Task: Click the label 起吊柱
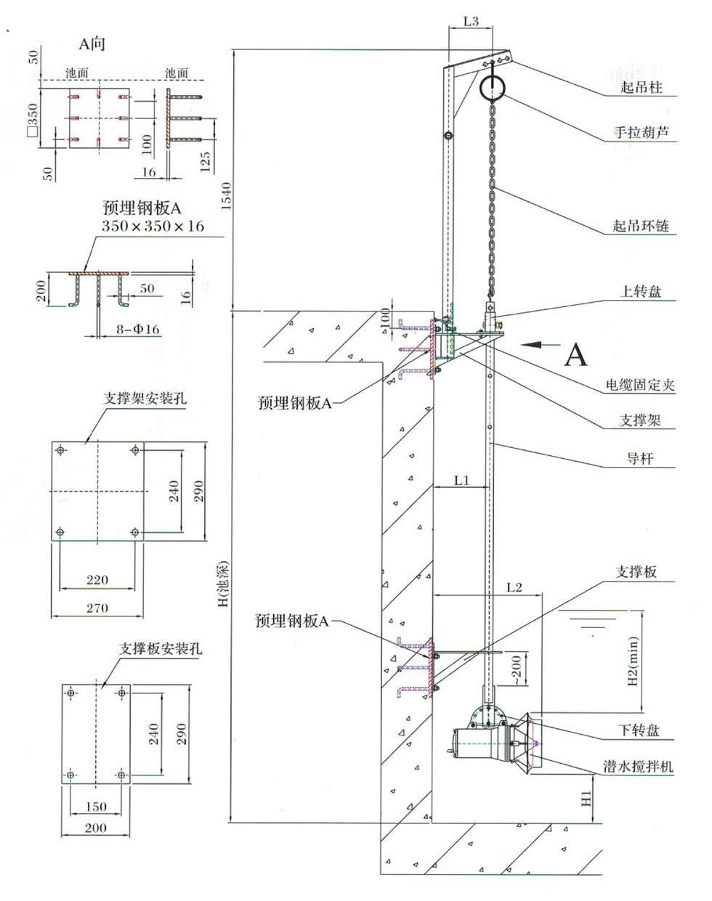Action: [x=642, y=87]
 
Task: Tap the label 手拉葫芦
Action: [x=641, y=133]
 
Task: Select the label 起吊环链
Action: [x=641, y=226]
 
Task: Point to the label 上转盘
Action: [x=641, y=291]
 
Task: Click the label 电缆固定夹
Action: [x=640, y=385]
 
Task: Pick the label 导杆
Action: [x=640, y=458]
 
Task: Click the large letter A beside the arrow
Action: [x=576, y=354]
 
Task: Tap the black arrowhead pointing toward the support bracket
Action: [x=530, y=345]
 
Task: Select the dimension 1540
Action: [x=226, y=196]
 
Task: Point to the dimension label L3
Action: [x=471, y=21]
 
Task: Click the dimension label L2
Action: [x=514, y=587]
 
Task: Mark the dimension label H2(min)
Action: [x=633, y=661]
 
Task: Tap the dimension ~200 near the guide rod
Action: [x=517, y=669]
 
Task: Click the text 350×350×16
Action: [x=153, y=226]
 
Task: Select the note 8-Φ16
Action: [x=138, y=329]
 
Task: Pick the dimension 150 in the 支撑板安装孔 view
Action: [x=96, y=807]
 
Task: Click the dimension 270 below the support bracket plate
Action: [x=97, y=608]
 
